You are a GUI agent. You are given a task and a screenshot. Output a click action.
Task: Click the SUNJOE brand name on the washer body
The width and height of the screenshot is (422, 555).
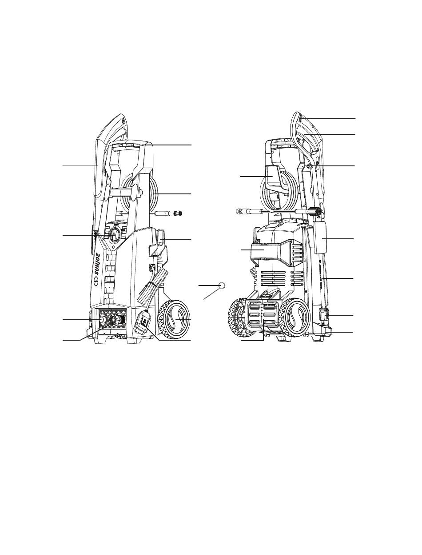click(98, 265)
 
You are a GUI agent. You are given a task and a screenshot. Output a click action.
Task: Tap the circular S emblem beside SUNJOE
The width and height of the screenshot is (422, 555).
click(96, 282)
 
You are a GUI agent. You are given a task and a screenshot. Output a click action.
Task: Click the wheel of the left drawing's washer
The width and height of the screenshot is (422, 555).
click(174, 319)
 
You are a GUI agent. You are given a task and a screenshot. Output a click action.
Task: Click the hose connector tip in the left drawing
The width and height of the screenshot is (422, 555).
click(178, 213)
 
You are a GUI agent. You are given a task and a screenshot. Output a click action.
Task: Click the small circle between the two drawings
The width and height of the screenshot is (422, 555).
click(222, 285)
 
